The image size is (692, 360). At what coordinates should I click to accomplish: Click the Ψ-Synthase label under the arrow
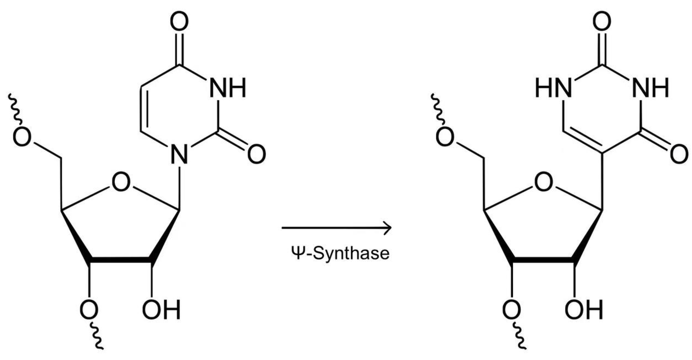[340, 253]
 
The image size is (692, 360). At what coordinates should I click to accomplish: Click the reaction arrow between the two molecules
[336, 228]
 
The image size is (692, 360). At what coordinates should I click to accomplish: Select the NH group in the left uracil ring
[227, 88]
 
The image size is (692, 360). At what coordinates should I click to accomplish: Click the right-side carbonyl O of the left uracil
[256, 154]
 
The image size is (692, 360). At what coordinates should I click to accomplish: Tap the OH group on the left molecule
[161, 310]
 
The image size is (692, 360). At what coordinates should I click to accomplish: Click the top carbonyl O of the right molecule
[601, 21]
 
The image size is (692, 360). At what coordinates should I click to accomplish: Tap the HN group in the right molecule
[554, 88]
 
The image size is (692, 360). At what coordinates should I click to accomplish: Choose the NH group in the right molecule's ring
[650, 88]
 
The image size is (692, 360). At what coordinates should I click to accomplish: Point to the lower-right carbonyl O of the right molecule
[679, 154]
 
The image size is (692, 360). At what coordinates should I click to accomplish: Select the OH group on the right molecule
[584, 310]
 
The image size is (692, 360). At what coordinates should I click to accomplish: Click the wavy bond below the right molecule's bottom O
[519, 338]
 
